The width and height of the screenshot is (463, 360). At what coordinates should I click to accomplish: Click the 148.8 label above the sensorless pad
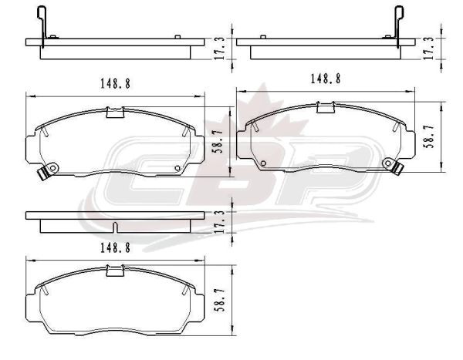tap(116, 248)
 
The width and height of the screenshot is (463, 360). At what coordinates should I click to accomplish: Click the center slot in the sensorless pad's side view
tap(115, 227)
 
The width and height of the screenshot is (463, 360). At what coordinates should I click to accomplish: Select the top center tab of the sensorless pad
tap(115, 271)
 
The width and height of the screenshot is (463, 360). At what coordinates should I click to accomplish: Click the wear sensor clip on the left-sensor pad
tap(46, 170)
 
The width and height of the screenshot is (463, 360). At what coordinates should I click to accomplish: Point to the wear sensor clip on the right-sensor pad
tap(394, 167)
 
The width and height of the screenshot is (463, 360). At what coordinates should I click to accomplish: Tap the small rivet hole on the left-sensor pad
tap(177, 168)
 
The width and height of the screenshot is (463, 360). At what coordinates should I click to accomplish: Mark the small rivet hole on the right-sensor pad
tap(263, 163)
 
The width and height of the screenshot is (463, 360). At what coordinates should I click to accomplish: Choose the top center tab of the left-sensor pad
tap(115, 113)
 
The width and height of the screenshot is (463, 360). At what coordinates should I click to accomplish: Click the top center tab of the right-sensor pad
tap(326, 107)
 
